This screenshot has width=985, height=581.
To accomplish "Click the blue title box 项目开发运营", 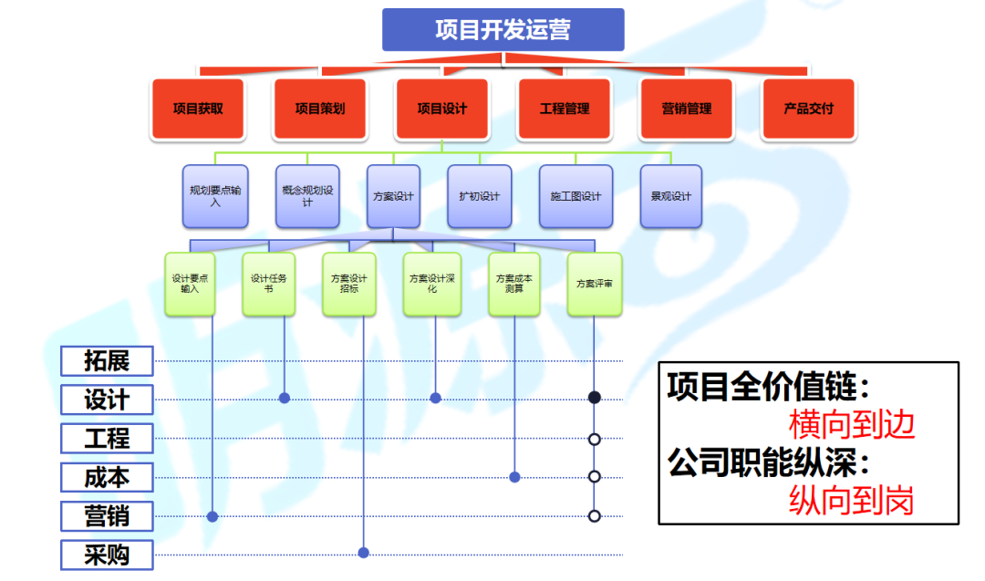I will click(503, 29).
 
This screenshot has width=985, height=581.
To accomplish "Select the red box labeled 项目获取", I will click(198, 109).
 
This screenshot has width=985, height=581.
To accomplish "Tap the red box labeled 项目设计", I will click(441, 109).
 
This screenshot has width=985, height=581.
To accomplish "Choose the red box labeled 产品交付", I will click(808, 109).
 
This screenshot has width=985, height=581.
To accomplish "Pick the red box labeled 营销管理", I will click(686, 109).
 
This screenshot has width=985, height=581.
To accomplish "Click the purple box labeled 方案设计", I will click(393, 196).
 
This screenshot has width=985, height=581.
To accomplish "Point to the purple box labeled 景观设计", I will click(670, 196).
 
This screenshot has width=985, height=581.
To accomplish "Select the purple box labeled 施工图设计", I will click(575, 196).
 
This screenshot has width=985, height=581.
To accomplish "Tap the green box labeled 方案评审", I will click(595, 284).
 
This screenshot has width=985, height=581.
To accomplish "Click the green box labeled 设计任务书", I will click(269, 284).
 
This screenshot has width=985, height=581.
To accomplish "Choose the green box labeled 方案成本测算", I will click(514, 284).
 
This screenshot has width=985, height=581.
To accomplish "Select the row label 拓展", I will click(107, 361).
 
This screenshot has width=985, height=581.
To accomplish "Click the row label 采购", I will click(107, 555).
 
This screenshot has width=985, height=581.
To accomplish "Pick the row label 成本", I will click(107, 477).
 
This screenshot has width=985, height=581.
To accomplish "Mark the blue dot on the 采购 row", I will click(363, 553).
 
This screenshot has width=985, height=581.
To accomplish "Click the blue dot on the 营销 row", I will click(213, 516).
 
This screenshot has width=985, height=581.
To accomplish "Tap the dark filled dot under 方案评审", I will click(595, 398).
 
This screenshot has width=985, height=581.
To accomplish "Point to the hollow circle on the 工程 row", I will click(595, 439).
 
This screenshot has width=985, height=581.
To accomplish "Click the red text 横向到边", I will click(851, 425).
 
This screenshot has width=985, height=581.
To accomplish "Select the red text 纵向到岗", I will click(851, 501).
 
